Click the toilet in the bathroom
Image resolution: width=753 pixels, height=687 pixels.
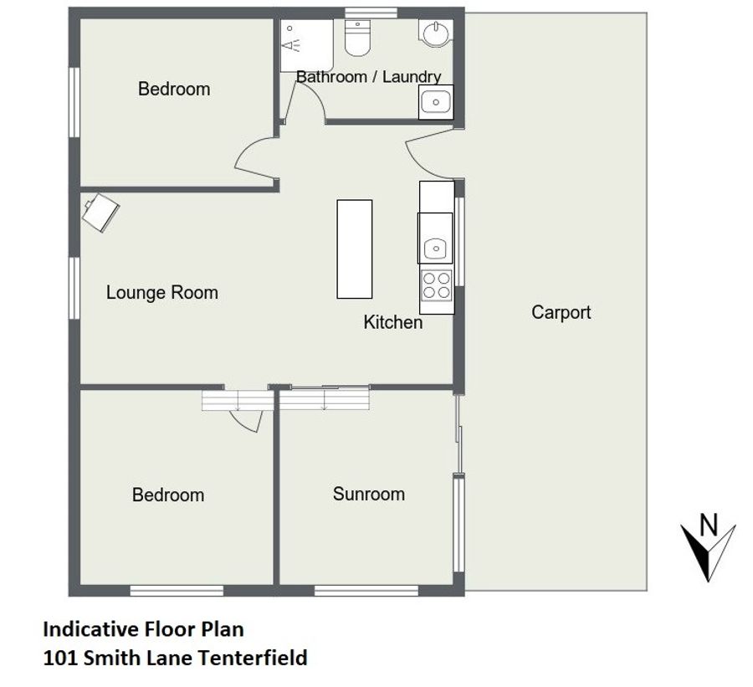click(357, 38)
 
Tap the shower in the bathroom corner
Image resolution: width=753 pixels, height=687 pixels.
click(306, 46)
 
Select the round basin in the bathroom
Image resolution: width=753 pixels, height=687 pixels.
click(436, 33)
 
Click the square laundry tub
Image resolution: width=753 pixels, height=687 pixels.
click(436, 102)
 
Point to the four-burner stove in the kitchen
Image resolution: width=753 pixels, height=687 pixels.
click(437, 285)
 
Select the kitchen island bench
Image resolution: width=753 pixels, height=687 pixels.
click(355, 249)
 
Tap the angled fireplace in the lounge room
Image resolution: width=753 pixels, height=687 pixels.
click(100, 213)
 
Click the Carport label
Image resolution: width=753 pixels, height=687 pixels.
click(561, 312)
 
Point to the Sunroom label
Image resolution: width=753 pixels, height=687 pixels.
click(369, 494)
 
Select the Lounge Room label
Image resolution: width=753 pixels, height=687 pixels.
click(161, 292)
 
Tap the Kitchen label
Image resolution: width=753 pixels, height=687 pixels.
click(393, 322)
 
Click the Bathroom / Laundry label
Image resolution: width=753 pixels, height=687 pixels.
click(368, 76)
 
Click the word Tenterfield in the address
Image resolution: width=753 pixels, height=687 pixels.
click(253, 658)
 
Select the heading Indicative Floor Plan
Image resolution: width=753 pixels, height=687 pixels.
click(143, 629)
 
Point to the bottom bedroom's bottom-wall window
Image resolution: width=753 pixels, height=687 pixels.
click(177, 591)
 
